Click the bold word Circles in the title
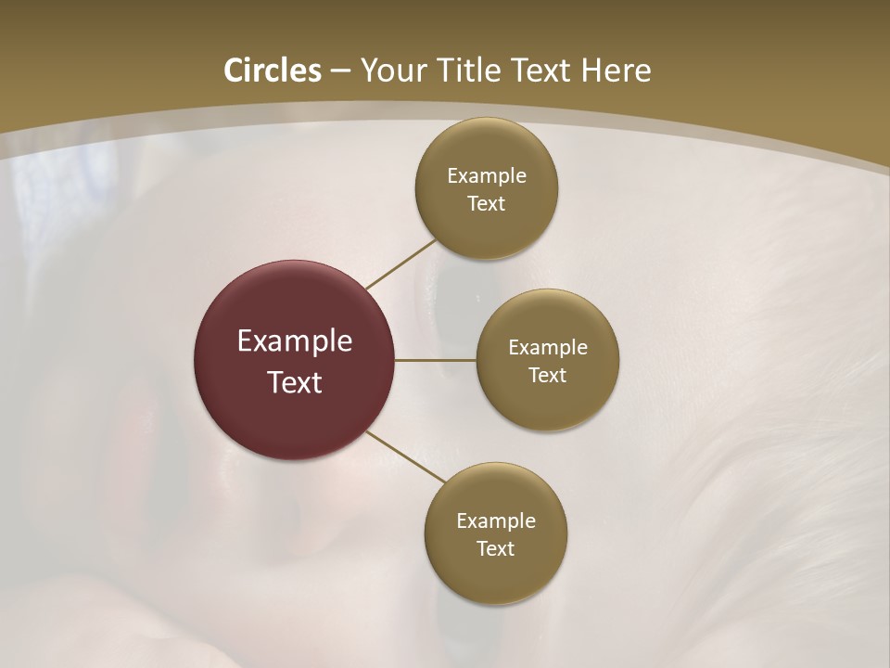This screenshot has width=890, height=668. [272, 71]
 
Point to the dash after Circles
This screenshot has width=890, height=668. [340, 71]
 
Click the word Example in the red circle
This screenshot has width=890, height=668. [294, 341]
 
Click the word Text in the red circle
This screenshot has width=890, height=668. [294, 382]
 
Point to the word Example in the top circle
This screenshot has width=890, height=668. [487, 176]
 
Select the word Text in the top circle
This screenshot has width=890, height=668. [487, 204]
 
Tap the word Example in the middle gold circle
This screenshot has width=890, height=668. [548, 348]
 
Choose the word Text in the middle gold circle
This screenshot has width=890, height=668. [548, 376]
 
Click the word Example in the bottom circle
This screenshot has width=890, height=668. [496, 521]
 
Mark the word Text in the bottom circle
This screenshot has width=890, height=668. [496, 549]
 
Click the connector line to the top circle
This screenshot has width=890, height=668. [400, 264]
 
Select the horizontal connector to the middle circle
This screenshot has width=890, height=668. [435, 360]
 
